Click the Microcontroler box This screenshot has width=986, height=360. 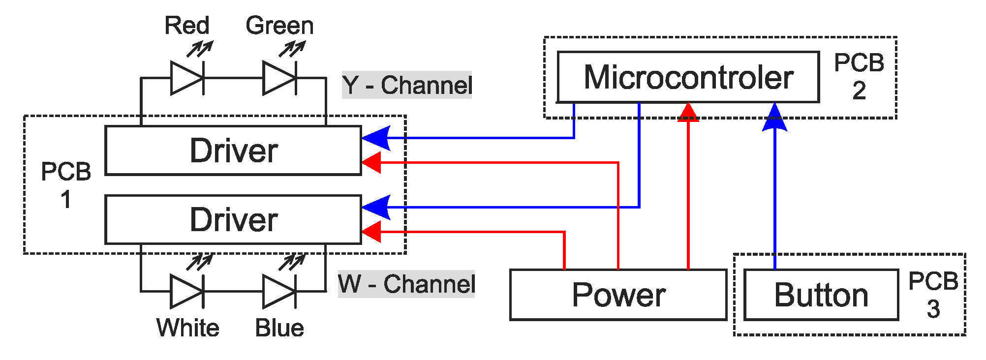click(688, 77)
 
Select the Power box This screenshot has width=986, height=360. click(618, 295)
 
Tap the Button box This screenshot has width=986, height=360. click(821, 295)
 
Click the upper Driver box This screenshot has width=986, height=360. click(233, 150)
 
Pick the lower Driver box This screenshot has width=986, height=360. click(233, 219)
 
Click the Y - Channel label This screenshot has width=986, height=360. click(407, 85)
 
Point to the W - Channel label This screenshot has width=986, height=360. click(406, 284)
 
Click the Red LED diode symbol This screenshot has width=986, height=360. click(187, 78)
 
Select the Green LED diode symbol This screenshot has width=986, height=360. click(279, 78)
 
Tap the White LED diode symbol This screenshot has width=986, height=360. click(187, 291)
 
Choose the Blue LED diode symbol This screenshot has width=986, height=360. click(279, 291)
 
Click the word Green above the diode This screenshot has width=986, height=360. click(279, 26)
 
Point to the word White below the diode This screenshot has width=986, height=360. click(187, 328)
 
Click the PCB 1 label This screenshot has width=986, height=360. click(65, 185)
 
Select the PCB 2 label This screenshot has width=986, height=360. click(859, 76)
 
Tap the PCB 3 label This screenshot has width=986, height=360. click(933, 295)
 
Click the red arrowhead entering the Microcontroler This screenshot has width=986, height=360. click(688, 112)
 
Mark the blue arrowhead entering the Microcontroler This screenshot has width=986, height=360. click(775, 118)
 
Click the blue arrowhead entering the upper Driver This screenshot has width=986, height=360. click(376, 138)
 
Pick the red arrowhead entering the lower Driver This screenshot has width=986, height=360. click(372, 232)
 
